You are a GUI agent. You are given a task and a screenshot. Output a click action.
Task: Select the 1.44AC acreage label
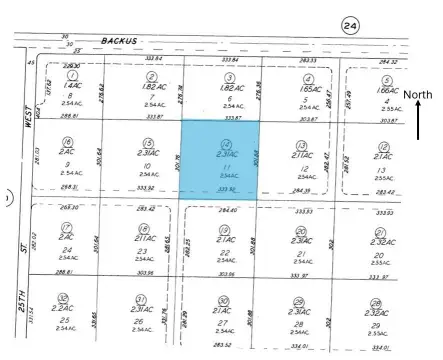tap(67, 85)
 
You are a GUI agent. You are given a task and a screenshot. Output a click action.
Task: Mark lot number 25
tap(66, 319)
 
